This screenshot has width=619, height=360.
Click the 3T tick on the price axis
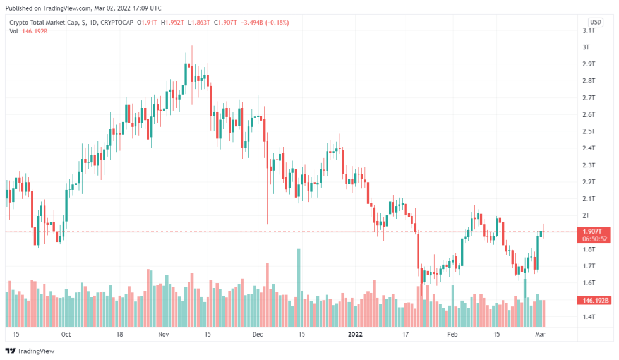pyautogui.click(x=587, y=47)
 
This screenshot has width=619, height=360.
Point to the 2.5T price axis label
pyautogui.click(x=589, y=131)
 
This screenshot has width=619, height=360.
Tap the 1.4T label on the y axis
pyautogui.click(x=589, y=316)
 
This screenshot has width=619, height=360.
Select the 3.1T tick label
pyautogui.click(x=589, y=30)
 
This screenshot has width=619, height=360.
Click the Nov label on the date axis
pyautogui.click(x=164, y=334)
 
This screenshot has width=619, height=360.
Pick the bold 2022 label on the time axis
pyautogui.click(x=356, y=334)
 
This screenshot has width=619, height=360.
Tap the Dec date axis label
pyautogui.click(x=256, y=334)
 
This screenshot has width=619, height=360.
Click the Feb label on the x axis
pyautogui.click(x=452, y=334)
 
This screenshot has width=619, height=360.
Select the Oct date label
pyautogui.click(x=66, y=334)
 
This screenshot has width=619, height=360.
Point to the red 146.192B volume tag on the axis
pyautogui.click(x=596, y=301)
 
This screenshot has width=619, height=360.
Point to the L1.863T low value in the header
pyautogui.click(x=200, y=23)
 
